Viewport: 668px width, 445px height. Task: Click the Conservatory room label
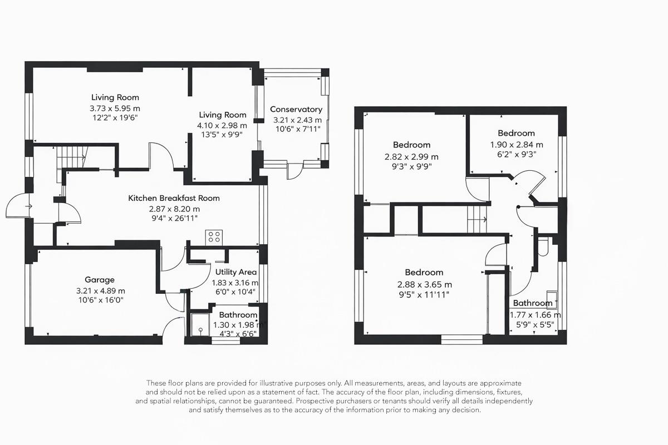(296, 110)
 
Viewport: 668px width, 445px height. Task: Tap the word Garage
(99, 280)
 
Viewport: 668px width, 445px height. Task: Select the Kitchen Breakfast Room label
(174, 198)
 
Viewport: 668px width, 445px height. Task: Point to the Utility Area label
(236, 272)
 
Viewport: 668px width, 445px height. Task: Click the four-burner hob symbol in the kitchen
(214, 237)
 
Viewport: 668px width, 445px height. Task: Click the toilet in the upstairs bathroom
(544, 247)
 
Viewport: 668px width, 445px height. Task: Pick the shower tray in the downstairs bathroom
(199, 326)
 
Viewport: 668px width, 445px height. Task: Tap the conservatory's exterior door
(294, 171)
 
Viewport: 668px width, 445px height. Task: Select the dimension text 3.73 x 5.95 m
(115, 108)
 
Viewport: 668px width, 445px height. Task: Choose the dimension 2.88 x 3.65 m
(424, 283)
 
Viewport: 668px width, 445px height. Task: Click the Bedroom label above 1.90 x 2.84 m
(516, 133)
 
